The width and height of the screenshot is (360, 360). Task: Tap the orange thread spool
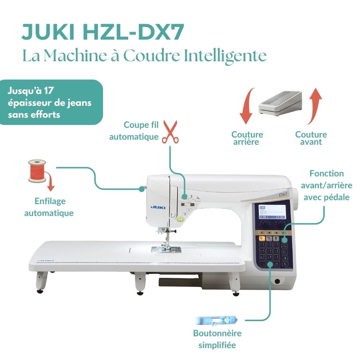tap(37, 171)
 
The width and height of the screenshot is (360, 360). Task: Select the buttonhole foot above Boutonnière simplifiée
tap(216, 319)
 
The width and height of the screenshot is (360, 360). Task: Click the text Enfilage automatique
tap(49, 207)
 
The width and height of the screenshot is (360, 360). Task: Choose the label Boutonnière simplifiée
tap(217, 339)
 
